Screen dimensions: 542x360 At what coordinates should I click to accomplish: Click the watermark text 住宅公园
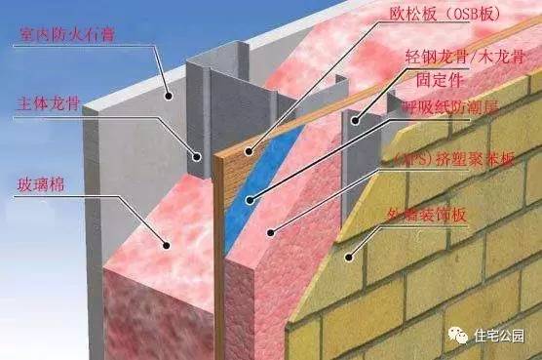click(x=501, y=337)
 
